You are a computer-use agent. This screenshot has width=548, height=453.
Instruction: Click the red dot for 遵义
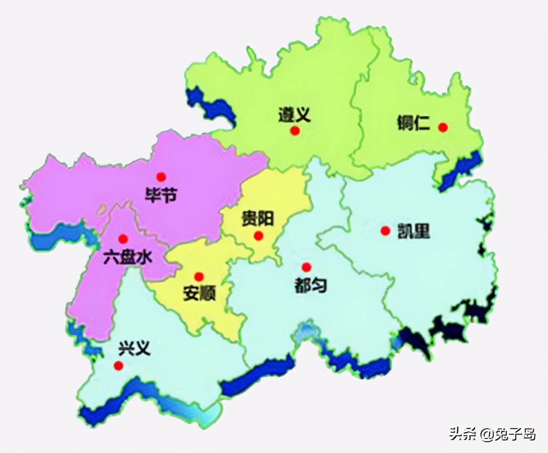[x=295, y=131]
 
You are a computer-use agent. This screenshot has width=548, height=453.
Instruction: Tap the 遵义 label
[x=294, y=116]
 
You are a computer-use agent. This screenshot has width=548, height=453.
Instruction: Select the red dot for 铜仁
[x=443, y=127]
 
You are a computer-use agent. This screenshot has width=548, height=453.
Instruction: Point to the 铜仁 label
[x=414, y=123]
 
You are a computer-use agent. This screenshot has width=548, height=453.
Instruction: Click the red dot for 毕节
[x=161, y=177]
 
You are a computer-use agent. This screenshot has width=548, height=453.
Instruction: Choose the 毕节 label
[x=161, y=195]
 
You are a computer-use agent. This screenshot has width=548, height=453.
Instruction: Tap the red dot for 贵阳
[x=258, y=235]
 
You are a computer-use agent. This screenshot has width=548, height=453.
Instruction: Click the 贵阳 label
[x=257, y=219]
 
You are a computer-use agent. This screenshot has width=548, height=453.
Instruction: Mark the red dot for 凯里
[x=385, y=231]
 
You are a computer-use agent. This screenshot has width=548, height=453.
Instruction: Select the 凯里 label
[x=414, y=231]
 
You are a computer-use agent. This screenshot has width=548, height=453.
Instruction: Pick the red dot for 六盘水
[x=123, y=239]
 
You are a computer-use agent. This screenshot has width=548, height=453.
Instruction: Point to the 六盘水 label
[x=128, y=257]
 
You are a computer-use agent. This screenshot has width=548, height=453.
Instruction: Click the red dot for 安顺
[x=199, y=277]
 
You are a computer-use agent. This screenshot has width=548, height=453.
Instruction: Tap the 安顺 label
[x=199, y=294]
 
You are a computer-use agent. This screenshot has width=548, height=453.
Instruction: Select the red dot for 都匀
[x=306, y=267]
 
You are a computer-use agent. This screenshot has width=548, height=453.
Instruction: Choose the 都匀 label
[x=310, y=285]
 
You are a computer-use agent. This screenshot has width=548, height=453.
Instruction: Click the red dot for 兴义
[x=119, y=366]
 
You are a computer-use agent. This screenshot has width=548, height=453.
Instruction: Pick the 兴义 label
[x=134, y=348]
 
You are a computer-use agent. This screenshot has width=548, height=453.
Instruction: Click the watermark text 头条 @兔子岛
[x=493, y=434]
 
